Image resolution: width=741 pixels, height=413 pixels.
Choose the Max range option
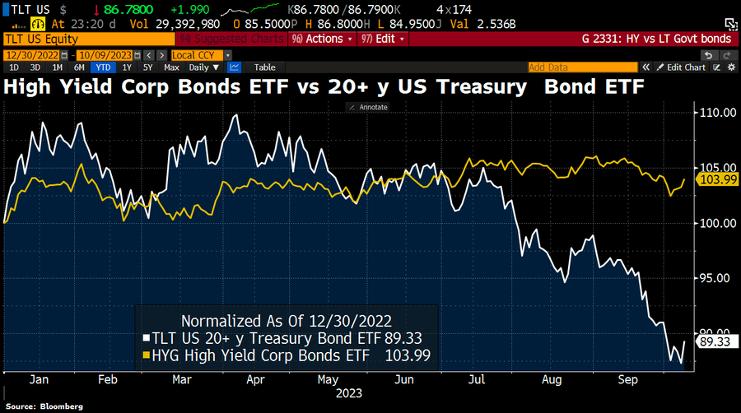tap(171, 67)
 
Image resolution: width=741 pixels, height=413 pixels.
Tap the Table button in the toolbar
tap(264, 67)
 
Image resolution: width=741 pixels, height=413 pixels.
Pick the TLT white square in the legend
tap(147, 338)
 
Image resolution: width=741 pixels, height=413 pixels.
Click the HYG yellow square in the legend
tap(147, 355)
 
